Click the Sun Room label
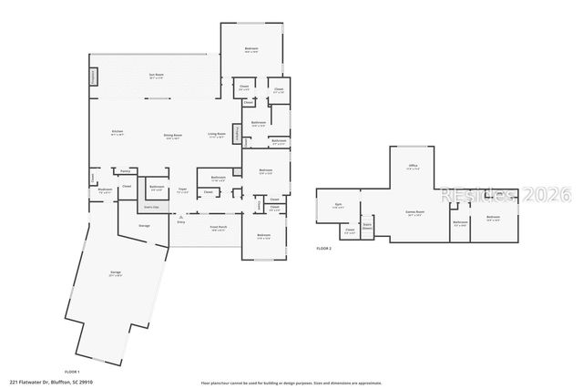[157, 75]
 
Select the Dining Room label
[172, 136]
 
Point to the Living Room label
[216, 134]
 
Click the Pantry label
[125, 170]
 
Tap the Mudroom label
[105, 191]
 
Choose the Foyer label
[182, 191]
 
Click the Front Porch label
[219, 229]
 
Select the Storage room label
[144, 225]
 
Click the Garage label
[116, 273]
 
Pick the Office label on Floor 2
[413, 167]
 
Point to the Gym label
[338, 205]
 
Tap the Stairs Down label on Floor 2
[368, 224]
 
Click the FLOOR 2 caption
[324, 249]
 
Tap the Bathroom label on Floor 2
[460, 222]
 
